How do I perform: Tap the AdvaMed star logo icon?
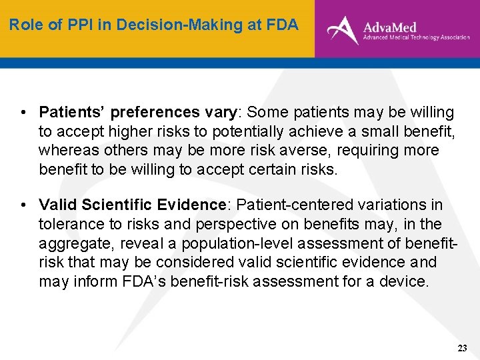click(343, 29)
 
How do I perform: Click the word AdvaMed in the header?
click(389, 27)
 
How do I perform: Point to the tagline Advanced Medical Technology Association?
click(416, 39)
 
